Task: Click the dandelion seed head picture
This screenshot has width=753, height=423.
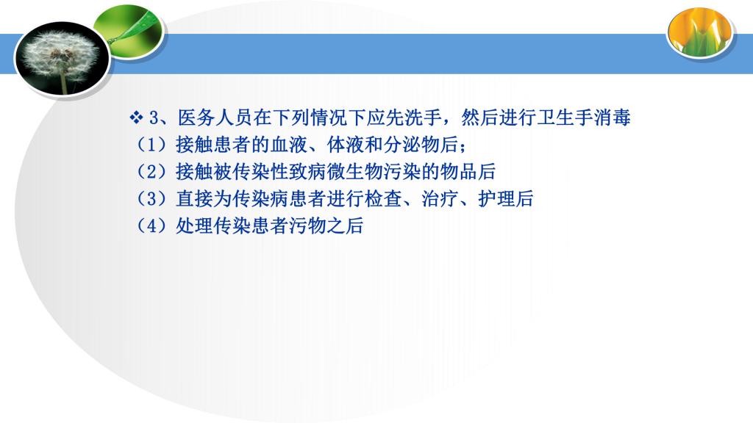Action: [x=63, y=59]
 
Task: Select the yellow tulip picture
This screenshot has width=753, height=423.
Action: [x=701, y=32]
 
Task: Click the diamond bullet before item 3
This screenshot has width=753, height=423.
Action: [x=136, y=117]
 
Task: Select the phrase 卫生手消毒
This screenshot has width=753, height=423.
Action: [x=583, y=117]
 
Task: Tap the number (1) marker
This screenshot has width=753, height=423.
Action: [x=151, y=145]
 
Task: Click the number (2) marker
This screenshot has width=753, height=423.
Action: [x=151, y=171]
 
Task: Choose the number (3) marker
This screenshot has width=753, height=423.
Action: [x=151, y=198]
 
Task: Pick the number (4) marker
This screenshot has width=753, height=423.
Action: [x=151, y=225]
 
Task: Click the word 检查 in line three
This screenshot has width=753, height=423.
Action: [x=383, y=198]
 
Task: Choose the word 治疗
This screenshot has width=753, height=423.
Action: [x=440, y=198]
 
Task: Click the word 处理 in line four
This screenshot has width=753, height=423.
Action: [x=194, y=225]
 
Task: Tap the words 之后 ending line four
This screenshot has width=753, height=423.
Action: [x=346, y=225]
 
